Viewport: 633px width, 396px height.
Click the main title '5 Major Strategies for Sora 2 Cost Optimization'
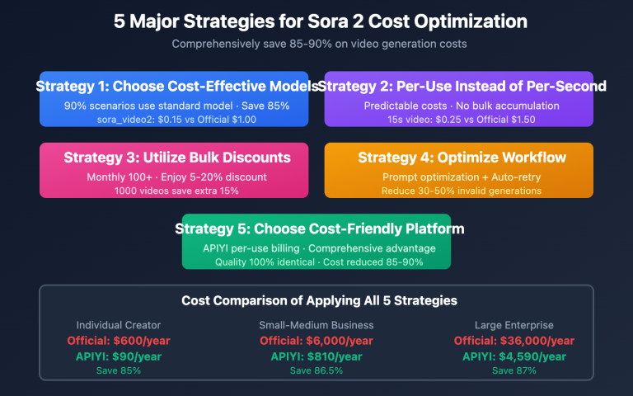pos(316,21)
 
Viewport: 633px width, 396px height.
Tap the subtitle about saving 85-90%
pos(316,44)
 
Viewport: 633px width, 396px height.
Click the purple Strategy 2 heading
pos(462,86)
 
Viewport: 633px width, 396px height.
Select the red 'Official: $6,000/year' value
pos(316,341)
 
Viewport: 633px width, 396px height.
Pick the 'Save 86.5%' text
pos(316,370)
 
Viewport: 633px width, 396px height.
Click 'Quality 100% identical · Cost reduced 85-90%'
pos(316,262)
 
